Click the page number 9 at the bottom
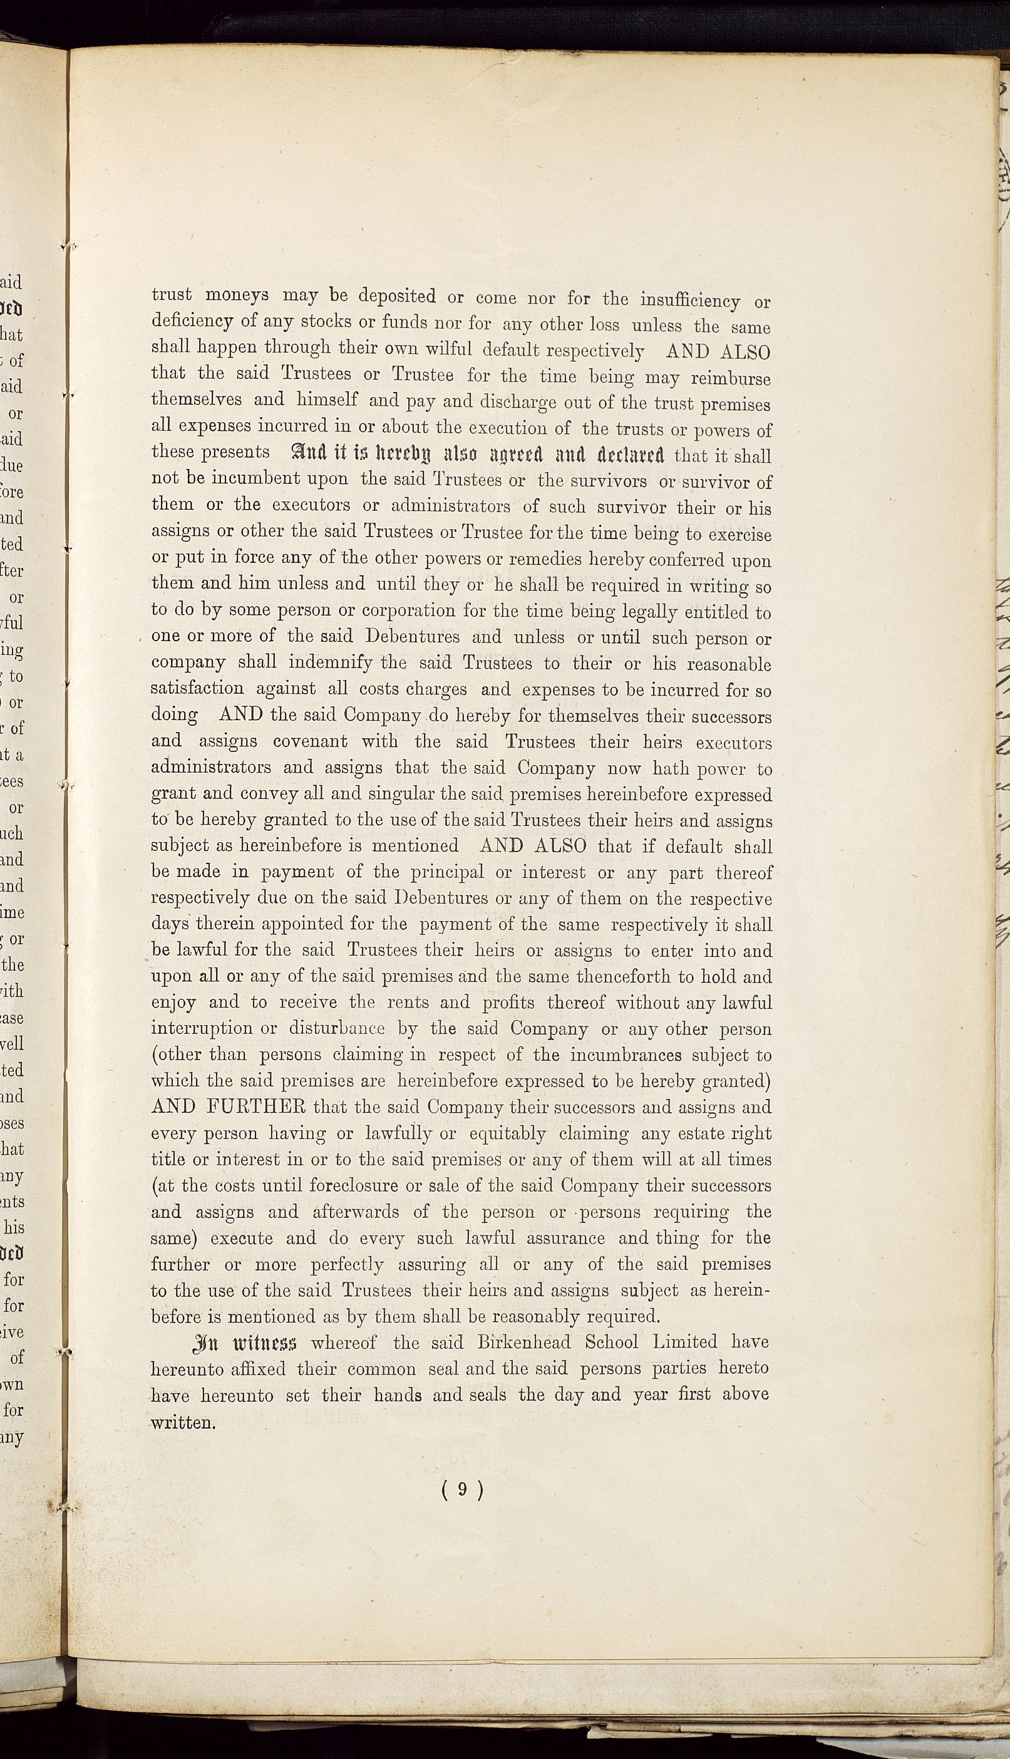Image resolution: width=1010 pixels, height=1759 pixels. pyautogui.click(x=462, y=1490)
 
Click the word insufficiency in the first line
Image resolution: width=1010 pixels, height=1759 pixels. pyautogui.click(x=689, y=301)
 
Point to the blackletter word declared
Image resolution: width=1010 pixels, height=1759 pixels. pyautogui.click(x=626, y=455)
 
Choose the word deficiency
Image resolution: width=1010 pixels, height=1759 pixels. pyautogui.click(x=192, y=321)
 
